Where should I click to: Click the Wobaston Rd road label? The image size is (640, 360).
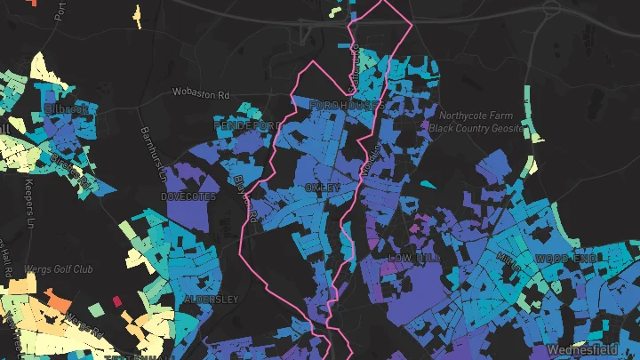point(201,92)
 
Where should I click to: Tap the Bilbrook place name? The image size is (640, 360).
point(67,109)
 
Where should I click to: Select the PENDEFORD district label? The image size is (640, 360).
point(242,128)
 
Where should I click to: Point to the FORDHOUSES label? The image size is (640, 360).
point(345,105)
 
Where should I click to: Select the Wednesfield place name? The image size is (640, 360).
point(591,349)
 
